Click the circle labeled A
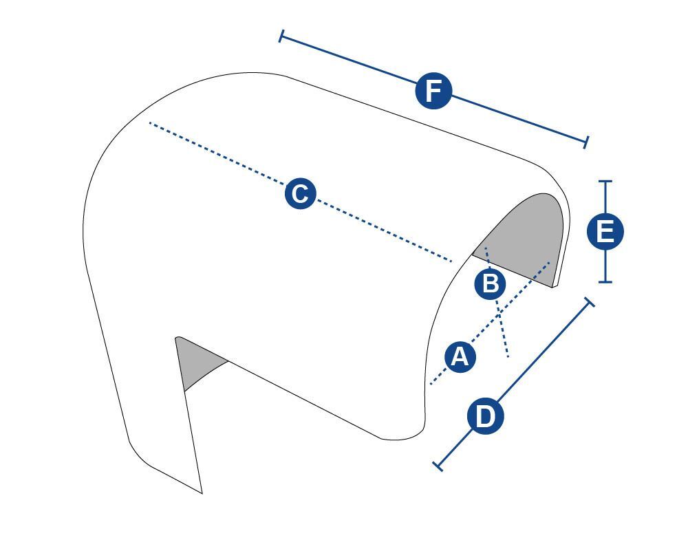coord(460,356)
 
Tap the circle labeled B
coord(490,284)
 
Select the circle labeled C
coord(300,193)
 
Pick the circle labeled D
coord(485,416)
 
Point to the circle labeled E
coord(605,231)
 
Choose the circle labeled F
coord(433,91)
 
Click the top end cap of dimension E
coord(605,181)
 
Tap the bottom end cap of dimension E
coord(605,281)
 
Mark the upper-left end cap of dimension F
coord(281,36)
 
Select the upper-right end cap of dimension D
coord(590,302)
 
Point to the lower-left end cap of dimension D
coord(438,466)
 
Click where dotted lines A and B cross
coord(499,312)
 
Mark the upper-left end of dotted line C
coord(150,123)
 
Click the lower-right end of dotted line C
coord(451,261)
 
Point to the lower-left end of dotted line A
coord(431,385)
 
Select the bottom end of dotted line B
coord(508,356)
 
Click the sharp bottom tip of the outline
coord(202,493)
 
